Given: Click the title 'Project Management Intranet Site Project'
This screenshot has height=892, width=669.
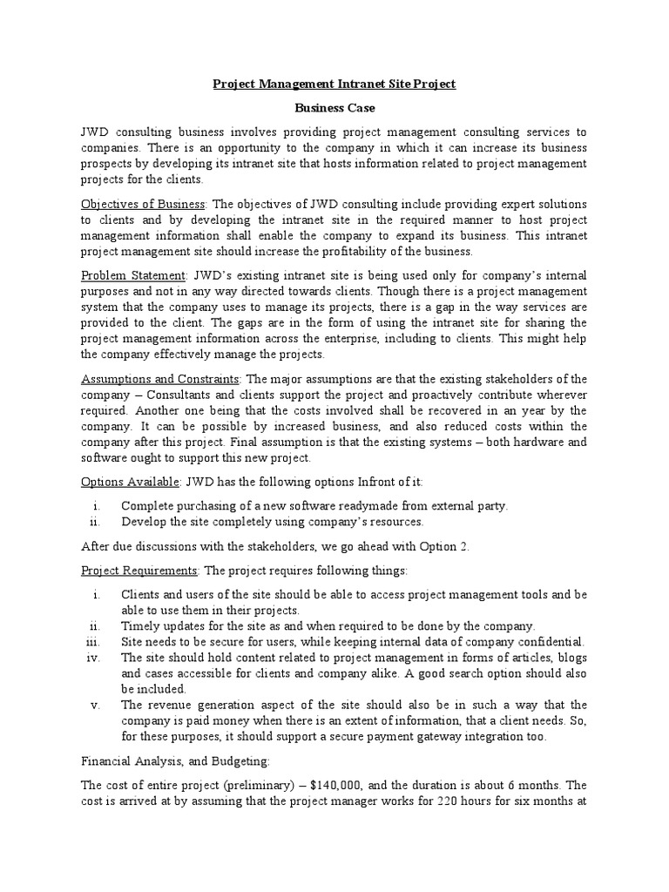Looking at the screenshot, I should pos(334,84).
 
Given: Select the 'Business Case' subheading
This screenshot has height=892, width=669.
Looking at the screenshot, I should pos(334,108).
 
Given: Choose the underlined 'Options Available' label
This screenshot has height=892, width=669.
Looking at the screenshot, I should pos(130,482).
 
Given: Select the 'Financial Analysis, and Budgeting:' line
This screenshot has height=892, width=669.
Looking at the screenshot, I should pos(164,759).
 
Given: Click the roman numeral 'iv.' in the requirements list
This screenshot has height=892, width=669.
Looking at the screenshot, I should pos(96,657).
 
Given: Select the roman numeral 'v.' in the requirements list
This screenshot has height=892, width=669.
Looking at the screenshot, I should pos(98,705).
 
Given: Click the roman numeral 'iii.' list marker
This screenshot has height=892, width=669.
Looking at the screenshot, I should pos(95,641).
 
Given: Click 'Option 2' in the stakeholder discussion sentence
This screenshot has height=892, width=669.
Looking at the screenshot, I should pos(443,545).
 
